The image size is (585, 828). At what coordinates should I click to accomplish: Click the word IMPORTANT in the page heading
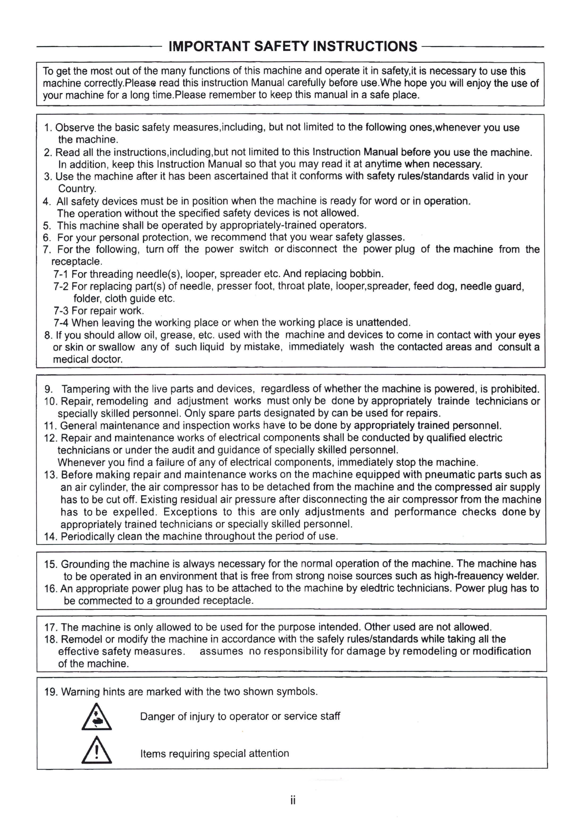(209, 46)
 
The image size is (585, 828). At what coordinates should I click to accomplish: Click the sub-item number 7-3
(61, 311)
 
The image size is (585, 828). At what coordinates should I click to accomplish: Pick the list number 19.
(50, 692)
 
